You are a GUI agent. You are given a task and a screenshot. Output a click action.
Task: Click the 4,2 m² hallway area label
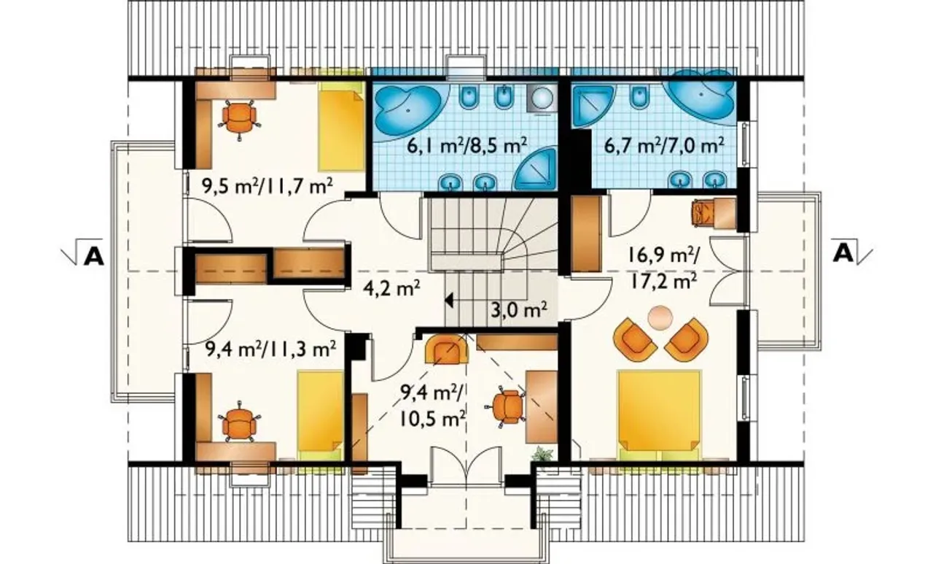click(x=391, y=288)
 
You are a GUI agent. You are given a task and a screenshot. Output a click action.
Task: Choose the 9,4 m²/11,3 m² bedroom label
click(x=270, y=349)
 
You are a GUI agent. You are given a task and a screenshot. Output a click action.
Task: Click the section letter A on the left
click(x=94, y=257)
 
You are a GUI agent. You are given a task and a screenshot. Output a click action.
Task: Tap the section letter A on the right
click(x=843, y=252)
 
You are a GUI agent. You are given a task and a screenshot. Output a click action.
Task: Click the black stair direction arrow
click(x=449, y=300)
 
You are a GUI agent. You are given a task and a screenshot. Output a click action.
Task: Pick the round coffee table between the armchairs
click(x=660, y=318)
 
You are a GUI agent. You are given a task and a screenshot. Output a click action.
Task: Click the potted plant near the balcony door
click(x=543, y=454)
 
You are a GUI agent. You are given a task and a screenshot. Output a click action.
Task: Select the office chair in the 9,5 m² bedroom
click(x=238, y=118)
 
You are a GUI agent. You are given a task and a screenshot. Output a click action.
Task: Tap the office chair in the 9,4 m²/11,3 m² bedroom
click(x=238, y=422)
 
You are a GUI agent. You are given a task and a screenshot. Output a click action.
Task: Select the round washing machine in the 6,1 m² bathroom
click(x=542, y=98)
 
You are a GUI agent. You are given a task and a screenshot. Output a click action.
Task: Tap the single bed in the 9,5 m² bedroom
click(x=342, y=126)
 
